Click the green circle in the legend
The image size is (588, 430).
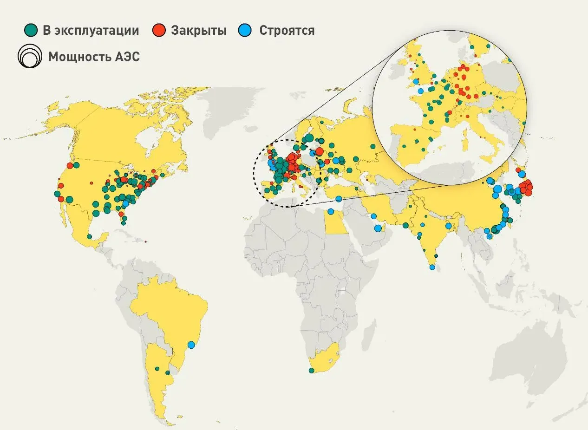pyautogui.click(x=32, y=31)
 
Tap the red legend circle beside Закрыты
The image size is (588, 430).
pyautogui.click(x=159, y=31)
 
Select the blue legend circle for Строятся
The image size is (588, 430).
pyautogui.click(x=245, y=31)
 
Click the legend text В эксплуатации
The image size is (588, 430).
pyautogui.click(x=91, y=31)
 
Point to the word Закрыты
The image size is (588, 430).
pyautogui.click(x=199, y=31)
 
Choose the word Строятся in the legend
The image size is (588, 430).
pyautogui.click(x=287, y=31)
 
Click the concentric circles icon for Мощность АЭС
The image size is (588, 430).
pyautogui.click(x=29, y=57)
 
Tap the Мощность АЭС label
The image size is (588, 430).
pyautogui.click(x=94, y=57)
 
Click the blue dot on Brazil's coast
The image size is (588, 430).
pyautogui.click(x=191, y=345)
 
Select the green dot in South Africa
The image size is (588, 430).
pyautogui.click(x=311, y=370)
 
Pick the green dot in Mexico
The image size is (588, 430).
pyautogui.click(x=89, y=237)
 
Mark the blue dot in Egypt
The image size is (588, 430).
pyautogui.click(x=331, y=212)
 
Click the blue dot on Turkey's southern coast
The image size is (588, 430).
pyautogui.click(x=339, y=199)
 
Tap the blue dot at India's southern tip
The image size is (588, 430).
pyautogui.click(x=432, y=267)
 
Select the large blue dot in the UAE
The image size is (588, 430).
pyautogui.click(x=378, y=228)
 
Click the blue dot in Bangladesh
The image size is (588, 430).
pyautogui.click(x=448, y=226)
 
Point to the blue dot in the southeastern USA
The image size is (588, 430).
pyautogui.click(x=125, y=203)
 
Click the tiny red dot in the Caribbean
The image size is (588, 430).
pyautogui.click(x=146, y=241)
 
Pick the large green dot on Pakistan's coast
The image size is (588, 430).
pyautogui.click(x=405, y=225)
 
